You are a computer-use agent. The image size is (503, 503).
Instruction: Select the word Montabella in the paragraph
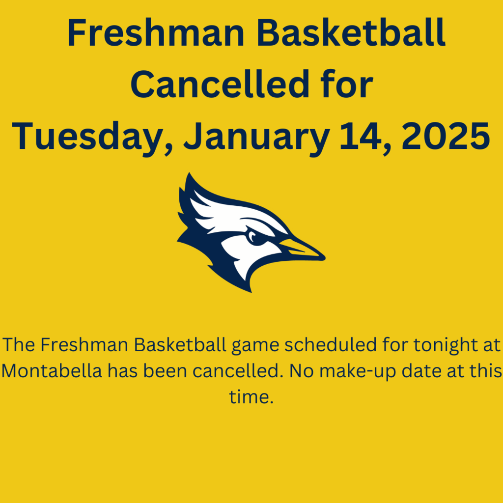click(x=52, y=370)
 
